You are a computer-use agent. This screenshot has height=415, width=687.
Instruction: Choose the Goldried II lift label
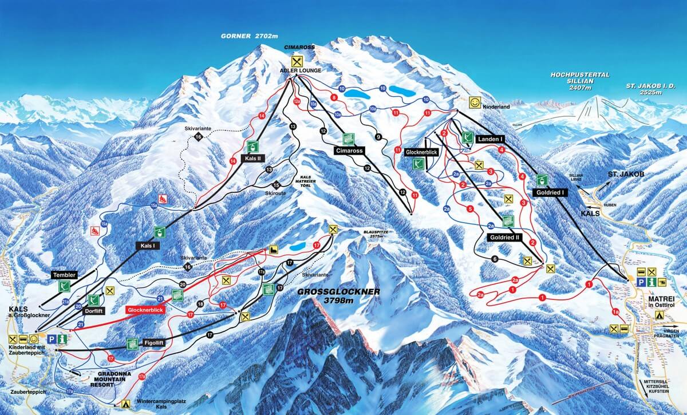point(504,236)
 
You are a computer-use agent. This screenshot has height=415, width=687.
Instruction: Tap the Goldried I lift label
point(551,193)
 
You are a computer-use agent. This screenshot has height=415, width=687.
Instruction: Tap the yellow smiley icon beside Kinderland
point(475,102)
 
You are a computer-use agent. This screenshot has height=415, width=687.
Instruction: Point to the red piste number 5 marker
point(469,208)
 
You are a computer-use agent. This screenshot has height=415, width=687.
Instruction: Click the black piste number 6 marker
point(494,259)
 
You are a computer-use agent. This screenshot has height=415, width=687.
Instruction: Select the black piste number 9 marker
point(378,136)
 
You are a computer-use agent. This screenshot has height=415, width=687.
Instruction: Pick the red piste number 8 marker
point(334,98)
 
